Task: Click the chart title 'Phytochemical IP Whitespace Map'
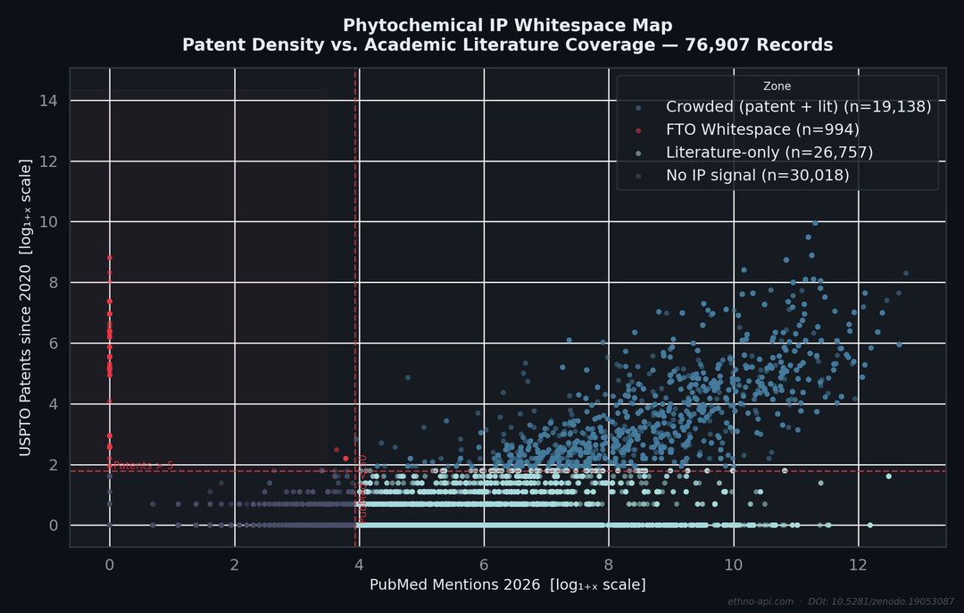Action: tap(507, 25)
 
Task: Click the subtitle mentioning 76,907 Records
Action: tap(507, 45)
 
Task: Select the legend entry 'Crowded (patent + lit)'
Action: tap(798, 107)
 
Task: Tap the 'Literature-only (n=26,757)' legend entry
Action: tap(769, 153)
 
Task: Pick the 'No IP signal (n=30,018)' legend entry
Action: tap(757, 176)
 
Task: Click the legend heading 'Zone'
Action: tap(777, 87)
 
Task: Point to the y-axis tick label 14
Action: tap(49, 101)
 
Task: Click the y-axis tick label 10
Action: tap(49, 222)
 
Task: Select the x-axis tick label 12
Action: tap(858, 565)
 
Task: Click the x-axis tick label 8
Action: tap(609, 565)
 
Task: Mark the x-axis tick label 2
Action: tap(234, 565)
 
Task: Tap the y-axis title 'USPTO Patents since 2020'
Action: tap(25, 308)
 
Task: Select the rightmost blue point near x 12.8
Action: tap(906, 273)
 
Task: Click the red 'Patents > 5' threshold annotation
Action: tap(143, 466)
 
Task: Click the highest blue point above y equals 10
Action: tap(814, 223)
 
